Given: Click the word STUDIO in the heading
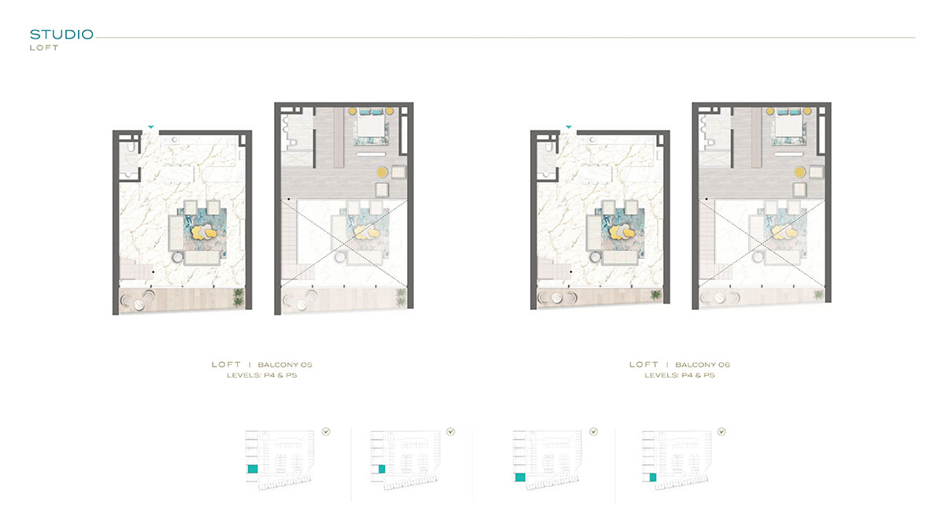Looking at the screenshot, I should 61,35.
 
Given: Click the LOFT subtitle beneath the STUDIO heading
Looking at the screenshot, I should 44,48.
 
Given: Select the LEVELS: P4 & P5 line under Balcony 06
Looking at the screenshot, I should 680,376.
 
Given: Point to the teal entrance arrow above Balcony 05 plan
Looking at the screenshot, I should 150,126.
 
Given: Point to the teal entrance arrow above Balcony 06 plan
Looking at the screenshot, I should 569,126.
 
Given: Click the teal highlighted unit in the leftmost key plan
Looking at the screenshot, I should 254,469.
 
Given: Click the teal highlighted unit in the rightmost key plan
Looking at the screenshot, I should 651,477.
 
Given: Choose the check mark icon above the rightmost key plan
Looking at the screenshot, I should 721,431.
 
